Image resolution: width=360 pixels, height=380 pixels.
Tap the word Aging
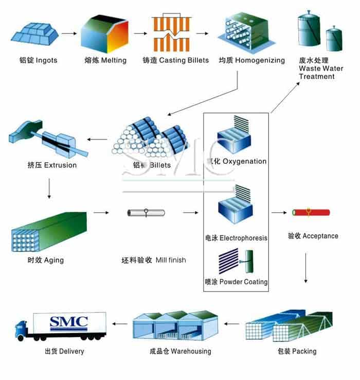point(53,260)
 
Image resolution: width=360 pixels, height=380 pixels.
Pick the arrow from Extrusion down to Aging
point(49,188)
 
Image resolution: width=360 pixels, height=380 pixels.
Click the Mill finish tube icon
point(146,212)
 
